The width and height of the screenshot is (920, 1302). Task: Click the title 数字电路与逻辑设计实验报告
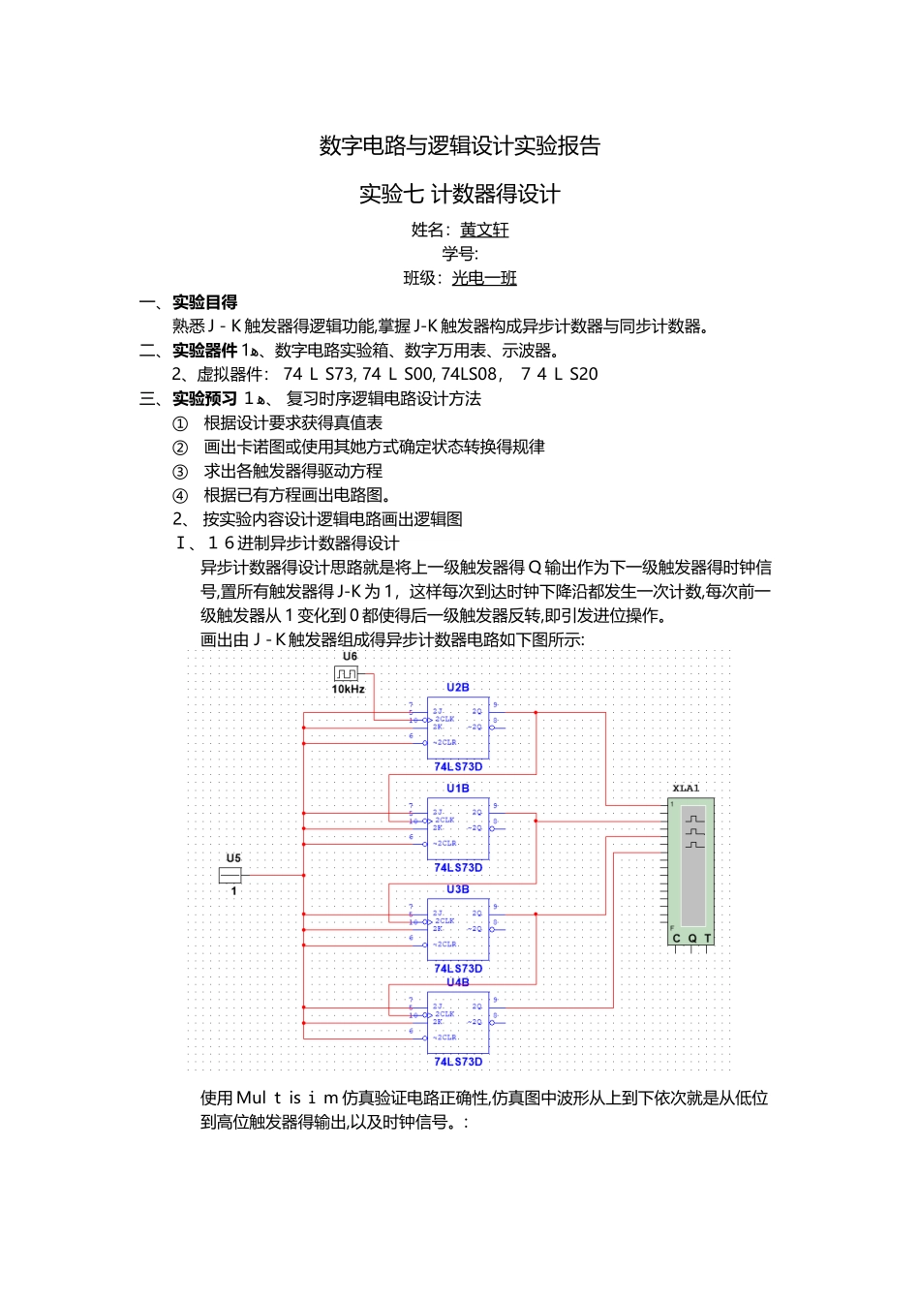coord(460,146)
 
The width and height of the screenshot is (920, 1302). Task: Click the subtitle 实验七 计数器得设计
coord(460,195)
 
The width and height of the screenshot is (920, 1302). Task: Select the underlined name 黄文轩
coord(484,231)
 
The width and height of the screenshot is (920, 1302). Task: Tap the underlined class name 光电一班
coord(484,279)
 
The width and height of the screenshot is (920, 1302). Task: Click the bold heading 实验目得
coord(205,302)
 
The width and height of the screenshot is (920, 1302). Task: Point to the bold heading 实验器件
coord(205,351)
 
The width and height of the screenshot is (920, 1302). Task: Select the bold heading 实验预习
coord(205,398)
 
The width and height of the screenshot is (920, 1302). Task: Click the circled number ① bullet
coord(180,423)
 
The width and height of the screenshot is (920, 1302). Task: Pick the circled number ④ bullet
coord(180,496)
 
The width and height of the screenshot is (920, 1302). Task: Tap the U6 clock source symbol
coord(347,673)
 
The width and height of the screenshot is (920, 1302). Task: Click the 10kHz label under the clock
coord(349,690)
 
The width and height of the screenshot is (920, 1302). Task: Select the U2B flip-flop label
coord(458,688)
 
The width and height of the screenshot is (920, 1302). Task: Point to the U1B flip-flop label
coord(458,789)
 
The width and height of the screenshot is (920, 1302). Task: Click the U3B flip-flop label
coord(458,889)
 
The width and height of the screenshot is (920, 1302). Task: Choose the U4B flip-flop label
coord(458,982)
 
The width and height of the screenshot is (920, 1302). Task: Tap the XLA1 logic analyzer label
coord(686,789)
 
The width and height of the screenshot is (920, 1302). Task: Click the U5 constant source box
coord(230,875)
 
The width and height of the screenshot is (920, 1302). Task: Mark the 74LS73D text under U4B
coord(458,1062)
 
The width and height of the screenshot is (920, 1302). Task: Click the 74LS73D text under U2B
coord(458,767)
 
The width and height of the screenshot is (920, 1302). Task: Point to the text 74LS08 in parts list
coord(469,375)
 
